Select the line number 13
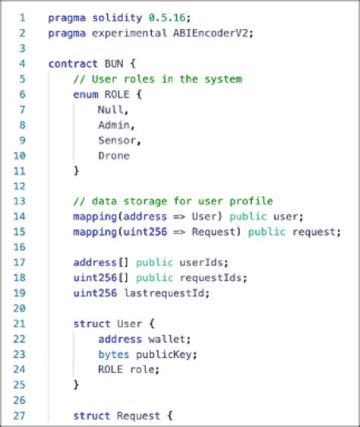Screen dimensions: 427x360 [x=20, y=201]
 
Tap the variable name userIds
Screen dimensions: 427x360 [x=183, y=263]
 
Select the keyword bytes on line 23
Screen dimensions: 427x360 [x=113, y=355]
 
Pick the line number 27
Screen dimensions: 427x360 [x=20, y=416]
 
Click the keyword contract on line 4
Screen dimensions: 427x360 [x=72, y=64]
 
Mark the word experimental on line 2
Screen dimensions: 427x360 [x=123, y=33]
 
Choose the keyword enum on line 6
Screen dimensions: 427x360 [x=85, y=94]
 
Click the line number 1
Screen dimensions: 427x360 [x=22, y=17]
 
